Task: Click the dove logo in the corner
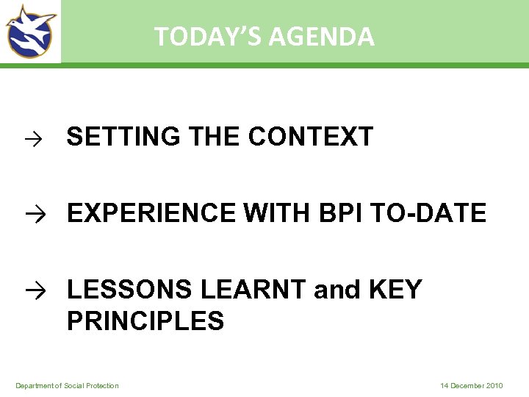point(30,31)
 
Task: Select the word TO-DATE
point(429,213)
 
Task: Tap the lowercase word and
point(336,290)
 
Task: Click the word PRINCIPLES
point(145,321)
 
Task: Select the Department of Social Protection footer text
point(67,386)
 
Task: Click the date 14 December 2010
point(472,386)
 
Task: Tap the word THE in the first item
point(214,137)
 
